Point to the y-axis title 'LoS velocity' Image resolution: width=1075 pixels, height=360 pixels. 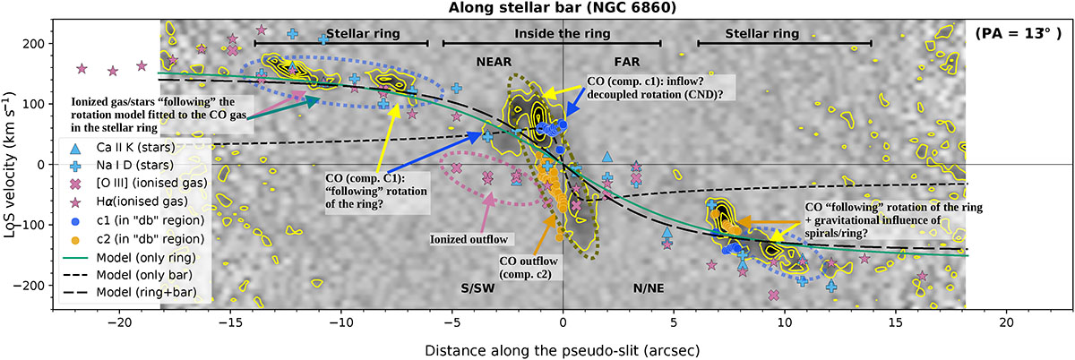pos(13,165)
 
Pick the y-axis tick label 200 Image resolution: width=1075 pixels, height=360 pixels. pos(35,44)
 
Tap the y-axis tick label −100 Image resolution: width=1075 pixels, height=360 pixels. pos(31,225)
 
